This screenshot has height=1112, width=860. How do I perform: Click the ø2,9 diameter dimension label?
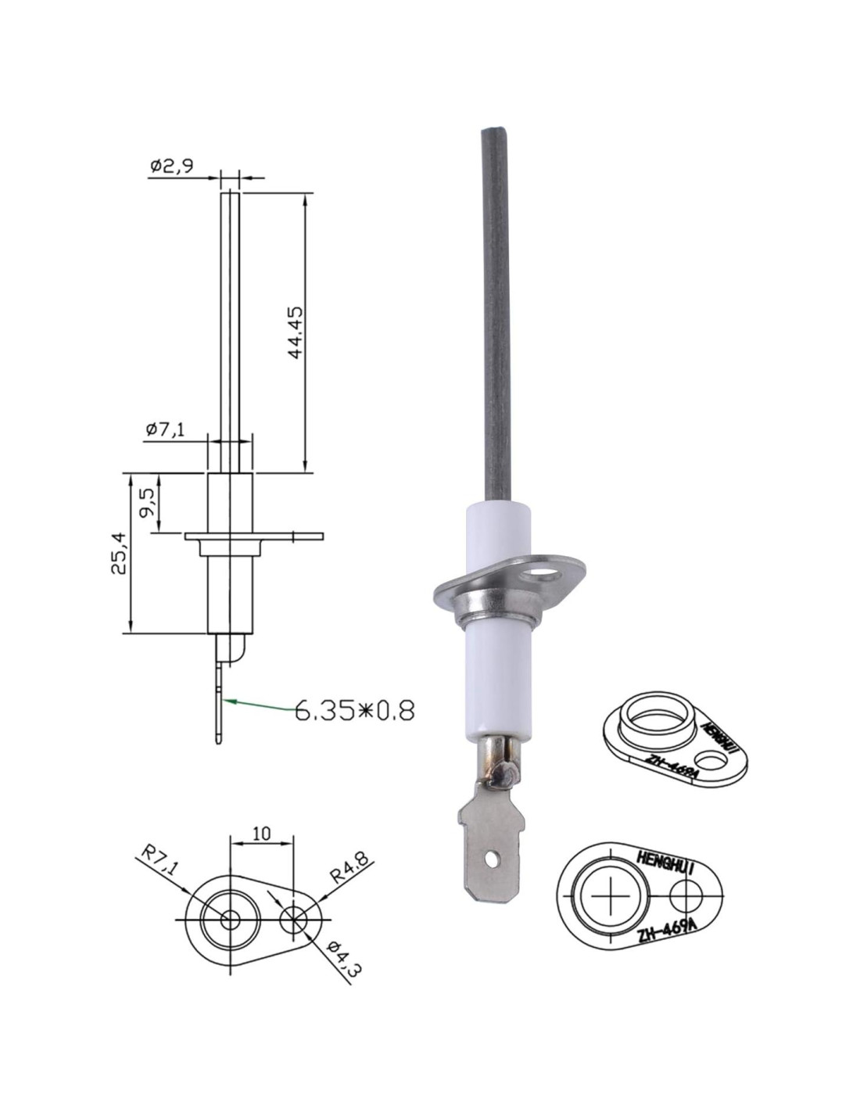click(x=172, y=167)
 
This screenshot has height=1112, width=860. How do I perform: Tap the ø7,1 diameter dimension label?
click(x=165, y=429)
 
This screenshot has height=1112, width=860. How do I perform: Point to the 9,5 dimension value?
click(x=147, y=503)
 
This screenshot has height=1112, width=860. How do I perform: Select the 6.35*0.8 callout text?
click(x=354, y=711)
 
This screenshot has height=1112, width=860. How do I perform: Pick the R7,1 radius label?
click(x=159, y=861)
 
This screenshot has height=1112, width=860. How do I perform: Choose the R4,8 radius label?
click(x=349, y=867)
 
